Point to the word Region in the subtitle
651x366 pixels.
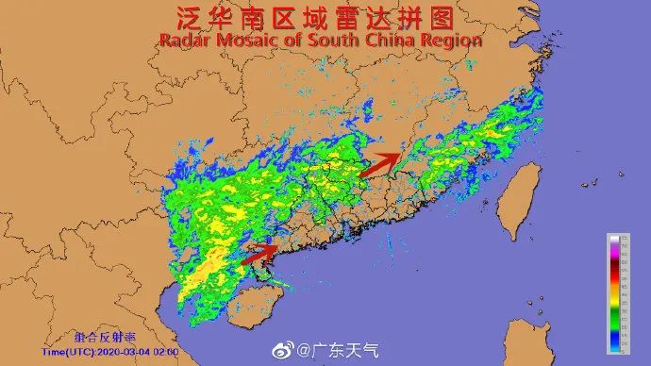tap(453, 41)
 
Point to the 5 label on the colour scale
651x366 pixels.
tap(622, 343)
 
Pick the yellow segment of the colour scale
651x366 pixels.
tap(612, 301)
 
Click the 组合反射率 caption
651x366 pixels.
tap(105, 336)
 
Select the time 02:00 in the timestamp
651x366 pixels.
tap(166, 351)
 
